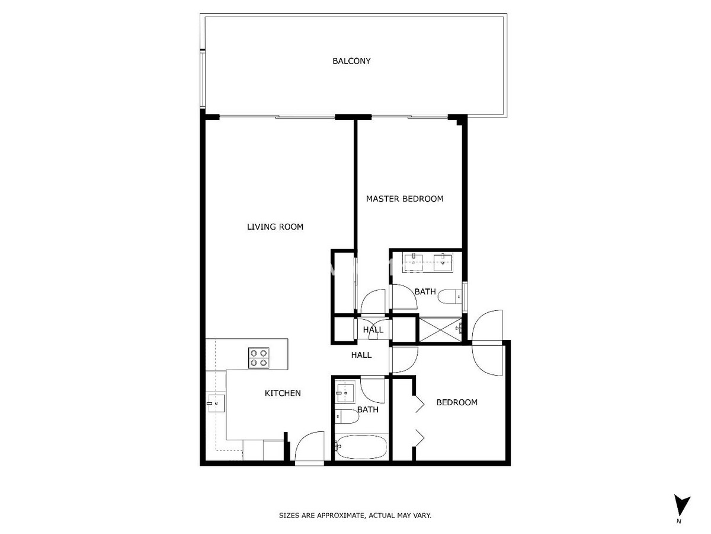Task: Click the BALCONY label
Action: (351, 61)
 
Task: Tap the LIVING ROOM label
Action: (275, 227)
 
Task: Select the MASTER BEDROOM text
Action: (405, 199)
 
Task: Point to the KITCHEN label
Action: (283, 393)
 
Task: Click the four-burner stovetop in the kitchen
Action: (258, 358)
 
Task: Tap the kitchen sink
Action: (216, 403)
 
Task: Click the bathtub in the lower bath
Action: (361, 447)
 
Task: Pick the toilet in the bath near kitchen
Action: (347, 417)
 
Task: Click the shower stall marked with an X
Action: (440, 329)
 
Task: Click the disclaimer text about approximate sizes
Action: (355, 515)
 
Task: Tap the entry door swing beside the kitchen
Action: (309, 446)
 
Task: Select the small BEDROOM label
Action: (457, 402)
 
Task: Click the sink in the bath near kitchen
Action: (345, 393)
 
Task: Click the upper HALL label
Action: (373, 330)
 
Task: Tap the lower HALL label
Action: (361, 355)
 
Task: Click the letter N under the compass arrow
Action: (678, 522)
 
